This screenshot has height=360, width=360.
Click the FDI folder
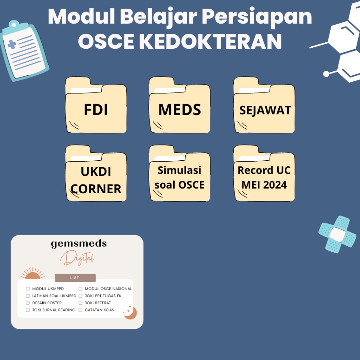point(96,108)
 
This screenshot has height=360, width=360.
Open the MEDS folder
point(180,108)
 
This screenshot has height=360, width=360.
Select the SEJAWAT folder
point(264,108)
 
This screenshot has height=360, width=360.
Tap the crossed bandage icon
point(337,234)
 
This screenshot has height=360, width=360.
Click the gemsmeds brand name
point(79,244)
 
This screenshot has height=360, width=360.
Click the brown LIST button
point(75,278)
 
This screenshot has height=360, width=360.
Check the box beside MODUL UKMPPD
point(28,289)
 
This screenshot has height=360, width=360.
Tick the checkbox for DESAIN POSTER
point(28,303)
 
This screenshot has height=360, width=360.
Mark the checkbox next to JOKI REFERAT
point(81,303)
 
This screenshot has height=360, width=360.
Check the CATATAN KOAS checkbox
point(81,310)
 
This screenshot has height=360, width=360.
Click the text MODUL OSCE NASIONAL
point(108,289)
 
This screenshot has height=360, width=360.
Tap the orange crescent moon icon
point(131,313)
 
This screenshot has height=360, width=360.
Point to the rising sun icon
point(33,274)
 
